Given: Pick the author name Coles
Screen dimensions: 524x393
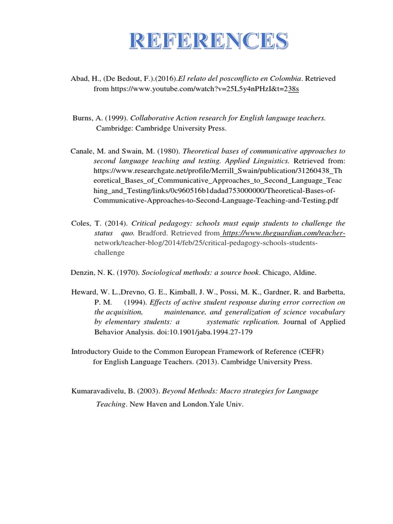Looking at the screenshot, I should (x=80, y=224).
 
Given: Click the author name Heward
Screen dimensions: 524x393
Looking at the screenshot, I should (x=83, y=292).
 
